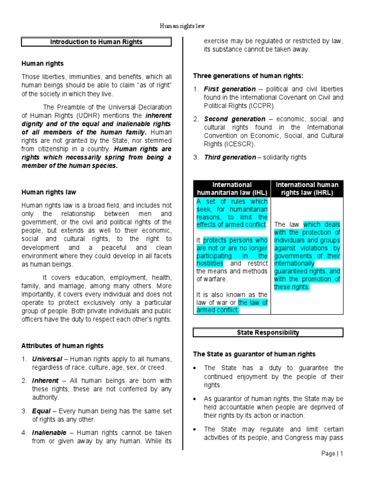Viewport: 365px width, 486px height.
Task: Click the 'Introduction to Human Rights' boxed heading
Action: tap(96, 42)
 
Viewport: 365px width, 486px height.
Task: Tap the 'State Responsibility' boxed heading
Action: tap(268, 333)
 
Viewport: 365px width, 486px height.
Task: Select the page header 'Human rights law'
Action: tap(182, 27)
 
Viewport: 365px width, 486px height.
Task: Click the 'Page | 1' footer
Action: tap(332, 453)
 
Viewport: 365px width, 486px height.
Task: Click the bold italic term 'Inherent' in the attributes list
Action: tap(45, 381)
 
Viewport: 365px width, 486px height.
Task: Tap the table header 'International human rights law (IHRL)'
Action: tap(307, 188)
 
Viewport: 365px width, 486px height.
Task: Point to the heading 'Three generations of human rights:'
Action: tap(248, 75)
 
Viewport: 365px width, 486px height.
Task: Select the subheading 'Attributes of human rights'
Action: tap(62, 346)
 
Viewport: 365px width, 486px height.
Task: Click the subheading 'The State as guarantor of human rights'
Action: tap(254, 354)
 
